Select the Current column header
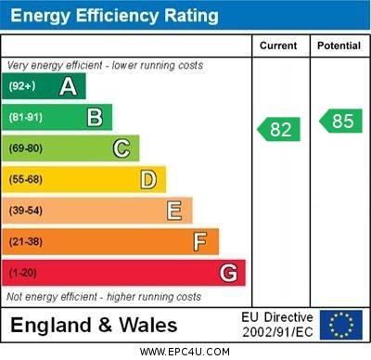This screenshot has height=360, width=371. pyautogui.click(x=278, y=45)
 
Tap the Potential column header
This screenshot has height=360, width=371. pyautogui.click(x=338, y=45)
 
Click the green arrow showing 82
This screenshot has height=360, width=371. pyautogui.click(x=279, y=129)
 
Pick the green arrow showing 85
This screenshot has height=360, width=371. pyautogui.click(x=340, y=121)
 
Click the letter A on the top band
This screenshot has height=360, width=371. pyautogui.click(x=68, y=86)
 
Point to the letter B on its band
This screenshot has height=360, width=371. pyautogui.click(x=94, y=117)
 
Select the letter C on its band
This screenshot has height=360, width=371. pyautogui.click(x=121, y=148)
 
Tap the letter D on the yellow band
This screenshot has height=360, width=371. pyautogui.click(x=147, y=179)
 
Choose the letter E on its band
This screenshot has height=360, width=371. pyautogui.click(x=173, y=211)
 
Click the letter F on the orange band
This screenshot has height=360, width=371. pyautogui.click(x=199, y=241)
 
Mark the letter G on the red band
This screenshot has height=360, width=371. pyautogui.click(x=227, y=273)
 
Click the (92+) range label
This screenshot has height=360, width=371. pyautogui.click(x=22, y=86)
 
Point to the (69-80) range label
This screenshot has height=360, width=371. pyautogui.click(x=26, y=148)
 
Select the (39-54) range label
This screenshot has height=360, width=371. pyautogui.click(x=26, y=211)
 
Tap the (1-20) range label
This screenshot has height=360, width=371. pyautogui.click(x=23, y=273)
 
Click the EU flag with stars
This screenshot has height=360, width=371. pyautogui.click(x=341, y=325)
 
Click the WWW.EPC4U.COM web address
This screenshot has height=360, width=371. pyautogui.click(x=185, y=352)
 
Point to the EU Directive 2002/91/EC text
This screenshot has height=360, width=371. pyautogui.click(x=277, y=325)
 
